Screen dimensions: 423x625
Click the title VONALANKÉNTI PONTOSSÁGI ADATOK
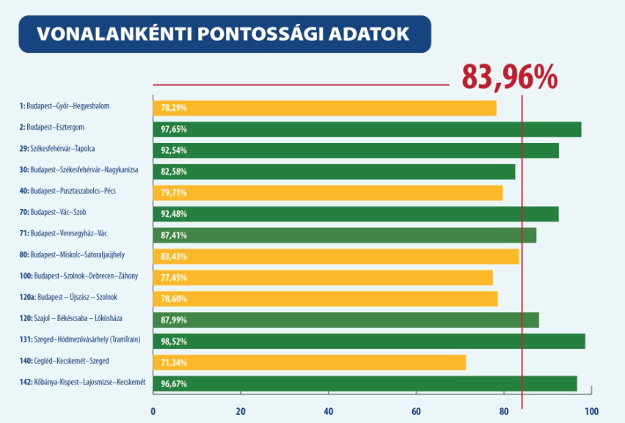(223, 34)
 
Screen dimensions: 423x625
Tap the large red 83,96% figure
(509, 77)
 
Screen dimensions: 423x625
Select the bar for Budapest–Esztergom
(367, 129)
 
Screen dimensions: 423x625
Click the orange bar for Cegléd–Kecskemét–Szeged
(309, 362)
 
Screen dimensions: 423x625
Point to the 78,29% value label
(174, 108)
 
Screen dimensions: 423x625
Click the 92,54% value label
(174, 150)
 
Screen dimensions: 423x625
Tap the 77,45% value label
(174, 278)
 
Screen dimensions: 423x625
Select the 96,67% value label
(174, 383)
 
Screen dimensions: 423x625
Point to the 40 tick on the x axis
(328, 411)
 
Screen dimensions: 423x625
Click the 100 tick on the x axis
(591, 411)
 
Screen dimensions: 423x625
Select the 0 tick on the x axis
(153, 411)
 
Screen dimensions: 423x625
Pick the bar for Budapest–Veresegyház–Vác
(344, 235)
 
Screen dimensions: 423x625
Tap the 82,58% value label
(174, 172)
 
